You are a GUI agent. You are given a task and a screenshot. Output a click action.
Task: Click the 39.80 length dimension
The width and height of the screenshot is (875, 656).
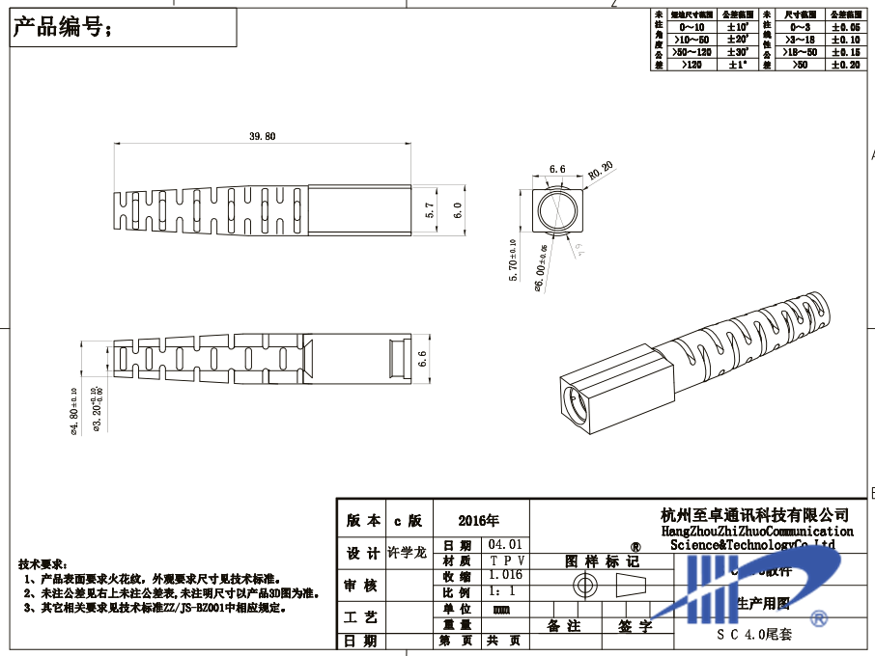coord(262,137)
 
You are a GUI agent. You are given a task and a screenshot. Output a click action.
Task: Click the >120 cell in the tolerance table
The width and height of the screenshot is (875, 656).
coord(692,65)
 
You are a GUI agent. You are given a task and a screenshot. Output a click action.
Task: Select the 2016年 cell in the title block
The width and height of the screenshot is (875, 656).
coord(480,521)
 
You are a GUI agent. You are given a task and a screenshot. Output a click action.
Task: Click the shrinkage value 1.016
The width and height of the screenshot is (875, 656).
coord(505,576)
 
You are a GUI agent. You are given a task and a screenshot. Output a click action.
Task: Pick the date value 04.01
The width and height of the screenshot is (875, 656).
coord(505,545)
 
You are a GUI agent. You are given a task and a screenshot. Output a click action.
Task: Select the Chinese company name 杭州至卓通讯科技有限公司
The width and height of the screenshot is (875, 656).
coord(753,514)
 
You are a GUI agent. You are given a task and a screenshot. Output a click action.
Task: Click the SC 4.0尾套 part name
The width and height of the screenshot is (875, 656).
coord(753,635)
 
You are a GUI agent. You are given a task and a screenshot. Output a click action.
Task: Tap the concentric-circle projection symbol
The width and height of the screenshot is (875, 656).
coord(583,585)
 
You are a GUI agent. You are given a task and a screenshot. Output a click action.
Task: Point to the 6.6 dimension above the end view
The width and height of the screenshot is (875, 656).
coord(557,169)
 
